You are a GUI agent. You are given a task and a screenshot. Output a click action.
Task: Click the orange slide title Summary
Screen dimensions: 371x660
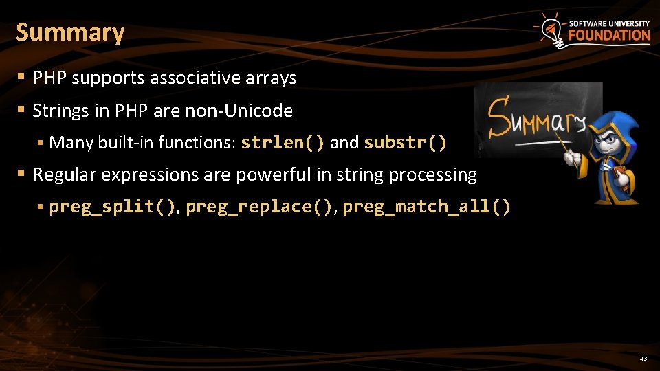click(70, 33)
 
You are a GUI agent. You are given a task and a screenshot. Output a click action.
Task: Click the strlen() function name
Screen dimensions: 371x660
click(283, 143)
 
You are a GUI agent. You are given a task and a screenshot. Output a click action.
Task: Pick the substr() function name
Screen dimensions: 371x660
click(405, 143)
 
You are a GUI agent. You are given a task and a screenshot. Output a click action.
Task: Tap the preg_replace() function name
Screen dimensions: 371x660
click(259, 207)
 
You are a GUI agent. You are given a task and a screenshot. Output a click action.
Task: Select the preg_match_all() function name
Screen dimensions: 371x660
click(426, 207)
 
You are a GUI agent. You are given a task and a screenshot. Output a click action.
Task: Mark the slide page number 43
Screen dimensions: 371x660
click(643, 358)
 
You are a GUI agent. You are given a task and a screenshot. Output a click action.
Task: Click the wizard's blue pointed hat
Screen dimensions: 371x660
click(617, 124)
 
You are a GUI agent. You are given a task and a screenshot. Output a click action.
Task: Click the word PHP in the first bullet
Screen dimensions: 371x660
click(49, 78)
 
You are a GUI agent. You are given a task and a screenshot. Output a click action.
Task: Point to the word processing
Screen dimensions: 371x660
click(432, 175)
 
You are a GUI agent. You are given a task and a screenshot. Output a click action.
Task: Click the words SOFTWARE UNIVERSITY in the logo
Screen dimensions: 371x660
click(609, 23)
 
